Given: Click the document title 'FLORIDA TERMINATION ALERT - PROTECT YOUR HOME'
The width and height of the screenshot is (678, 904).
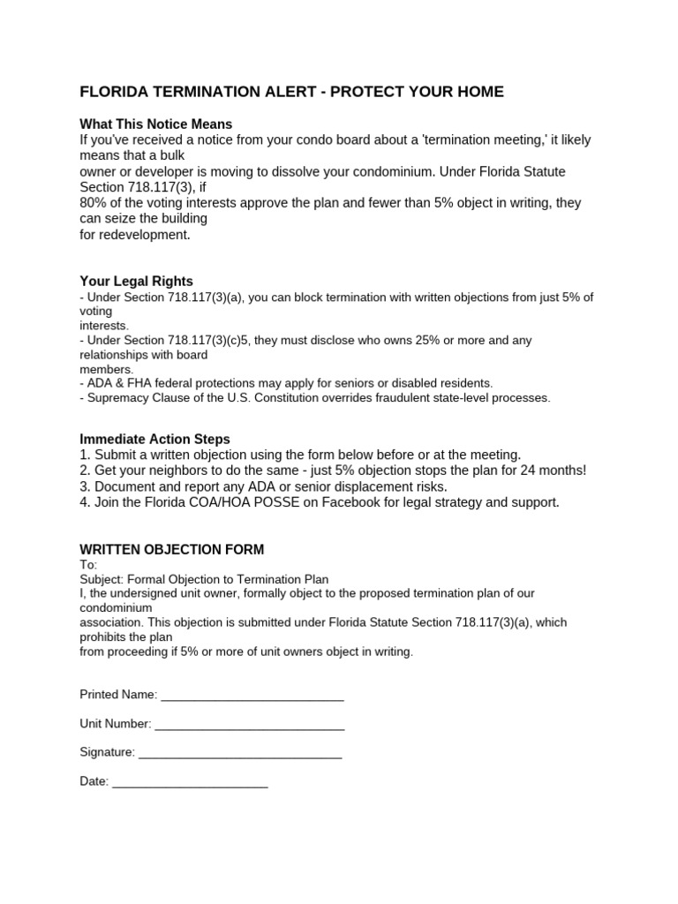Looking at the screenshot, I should pyautogui.click(x=291, y=92).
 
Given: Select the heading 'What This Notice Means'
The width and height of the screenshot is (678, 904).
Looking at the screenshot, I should pyautogui.click(x=155, y=124).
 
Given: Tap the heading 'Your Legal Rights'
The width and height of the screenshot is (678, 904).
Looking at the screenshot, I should pyautogui.click(x=136, y=282).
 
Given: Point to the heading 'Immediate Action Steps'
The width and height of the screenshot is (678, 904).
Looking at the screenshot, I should pyautogui.click(x=154, y=439).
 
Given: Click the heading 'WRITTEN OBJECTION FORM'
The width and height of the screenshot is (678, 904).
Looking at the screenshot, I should pyautogui.click(x=171, y=549).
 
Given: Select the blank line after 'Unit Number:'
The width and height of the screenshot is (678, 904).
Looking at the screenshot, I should pyautogui.click(x=249, y=725).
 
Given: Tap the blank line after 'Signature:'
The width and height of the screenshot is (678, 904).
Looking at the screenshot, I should pyautogui.click(x=240, y=753).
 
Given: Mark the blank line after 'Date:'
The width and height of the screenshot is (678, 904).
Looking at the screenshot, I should pyautogui.click(x=190, y=782).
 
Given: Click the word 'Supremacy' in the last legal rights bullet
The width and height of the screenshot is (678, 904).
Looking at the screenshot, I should pyautogui.click(x=114, y=398).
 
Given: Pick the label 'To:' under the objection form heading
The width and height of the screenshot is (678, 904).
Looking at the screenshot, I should pyautogui.click(x=88, y=565).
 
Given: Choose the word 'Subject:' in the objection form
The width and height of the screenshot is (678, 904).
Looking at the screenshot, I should pyautogui.click(x=103, y=579).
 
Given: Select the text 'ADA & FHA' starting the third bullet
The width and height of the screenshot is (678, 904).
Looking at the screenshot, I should pyautogui.click(x=115, y=383).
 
